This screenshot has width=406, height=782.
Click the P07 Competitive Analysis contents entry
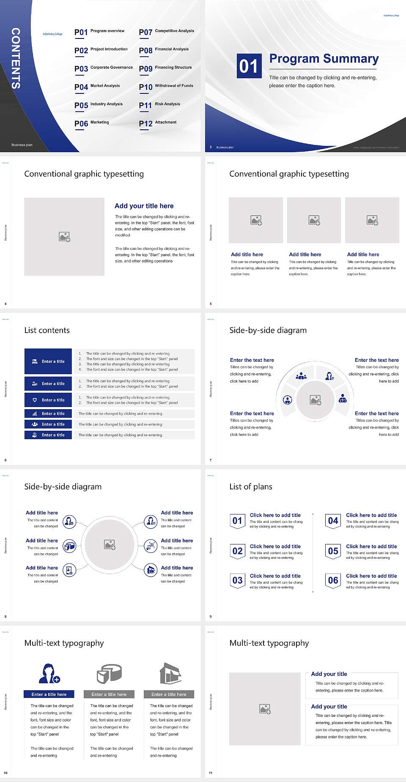166,32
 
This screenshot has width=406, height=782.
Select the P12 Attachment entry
158,123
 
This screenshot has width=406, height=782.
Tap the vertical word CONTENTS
16,58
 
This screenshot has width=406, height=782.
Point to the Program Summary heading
324,59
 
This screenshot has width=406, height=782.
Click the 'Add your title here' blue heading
144,206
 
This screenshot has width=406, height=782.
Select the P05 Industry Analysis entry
99,105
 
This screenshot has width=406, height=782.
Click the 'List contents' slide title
47,330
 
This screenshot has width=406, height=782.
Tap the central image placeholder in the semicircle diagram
315,400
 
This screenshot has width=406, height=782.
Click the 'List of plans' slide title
251,487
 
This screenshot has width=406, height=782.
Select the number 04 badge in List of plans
333,521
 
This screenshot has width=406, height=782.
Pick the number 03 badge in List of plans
237,581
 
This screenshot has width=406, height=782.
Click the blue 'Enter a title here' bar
49,694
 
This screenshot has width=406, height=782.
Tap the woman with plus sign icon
49,673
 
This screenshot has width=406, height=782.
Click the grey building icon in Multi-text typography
170,673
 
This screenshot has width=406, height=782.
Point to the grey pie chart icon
109,673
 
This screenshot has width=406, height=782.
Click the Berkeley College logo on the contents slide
52,34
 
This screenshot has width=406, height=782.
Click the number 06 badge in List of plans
333,581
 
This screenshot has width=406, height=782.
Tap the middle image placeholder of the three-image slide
314,220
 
